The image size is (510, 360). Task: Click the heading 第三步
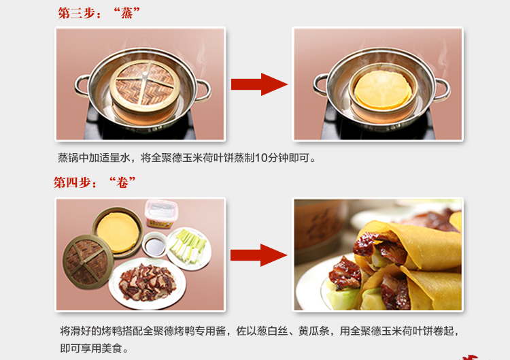pyautogui.click(x=77, y=14)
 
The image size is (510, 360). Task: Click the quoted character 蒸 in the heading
pyautogui.click(x=126, y=14)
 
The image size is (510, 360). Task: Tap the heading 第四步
pyautogui.click(x=72, y=182)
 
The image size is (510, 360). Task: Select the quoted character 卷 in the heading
pyautogui.click(x=122, y=182)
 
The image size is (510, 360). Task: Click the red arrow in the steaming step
pyautogui.click(x=259, y=84)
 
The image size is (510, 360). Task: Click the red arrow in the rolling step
pyautogui.click(x=258, y=255)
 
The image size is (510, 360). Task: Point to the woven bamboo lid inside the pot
pyautogui.click(x=145, y=85)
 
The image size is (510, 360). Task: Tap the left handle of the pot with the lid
pyautogui.click(x=82, y=85)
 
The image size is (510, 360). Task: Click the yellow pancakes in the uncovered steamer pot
pyautogui.click(x=382, y=90)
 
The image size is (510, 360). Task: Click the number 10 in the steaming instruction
pyautogui.click(x=261, y=158)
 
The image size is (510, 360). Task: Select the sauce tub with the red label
pyautogui.click(x=162, y=214)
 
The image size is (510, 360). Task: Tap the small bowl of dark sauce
pyautogui.click(x=155, y=245)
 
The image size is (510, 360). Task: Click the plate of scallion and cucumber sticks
pyautogui.click(x=188, y=248)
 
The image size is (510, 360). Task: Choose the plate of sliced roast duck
pyautogui.click(x=148, y=283)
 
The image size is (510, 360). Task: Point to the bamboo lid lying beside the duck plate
pyautogui.click(x=88, y=261)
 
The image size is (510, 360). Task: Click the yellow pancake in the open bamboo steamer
pyautogui.click(x=118, y=232)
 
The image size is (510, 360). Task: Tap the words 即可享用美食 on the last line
pyautogui.click(x=91, y=348)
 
